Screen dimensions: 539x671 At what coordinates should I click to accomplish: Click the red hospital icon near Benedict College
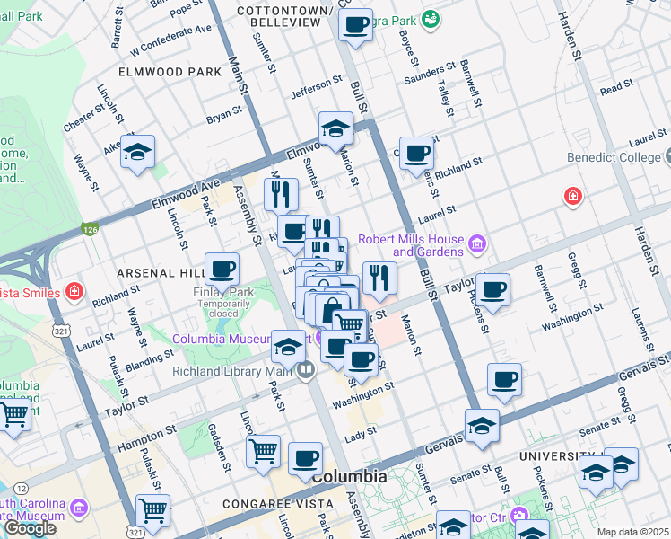click(571, 196)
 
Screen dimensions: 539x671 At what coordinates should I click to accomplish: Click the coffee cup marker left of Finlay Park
click(222, 268)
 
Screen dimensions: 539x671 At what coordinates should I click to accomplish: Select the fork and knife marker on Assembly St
click(281, 193)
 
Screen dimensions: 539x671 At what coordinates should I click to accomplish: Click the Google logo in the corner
click(30, 528)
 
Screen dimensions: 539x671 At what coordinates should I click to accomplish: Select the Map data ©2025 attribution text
click(632, 532)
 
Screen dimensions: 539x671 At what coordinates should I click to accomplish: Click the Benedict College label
click(617, 157)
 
